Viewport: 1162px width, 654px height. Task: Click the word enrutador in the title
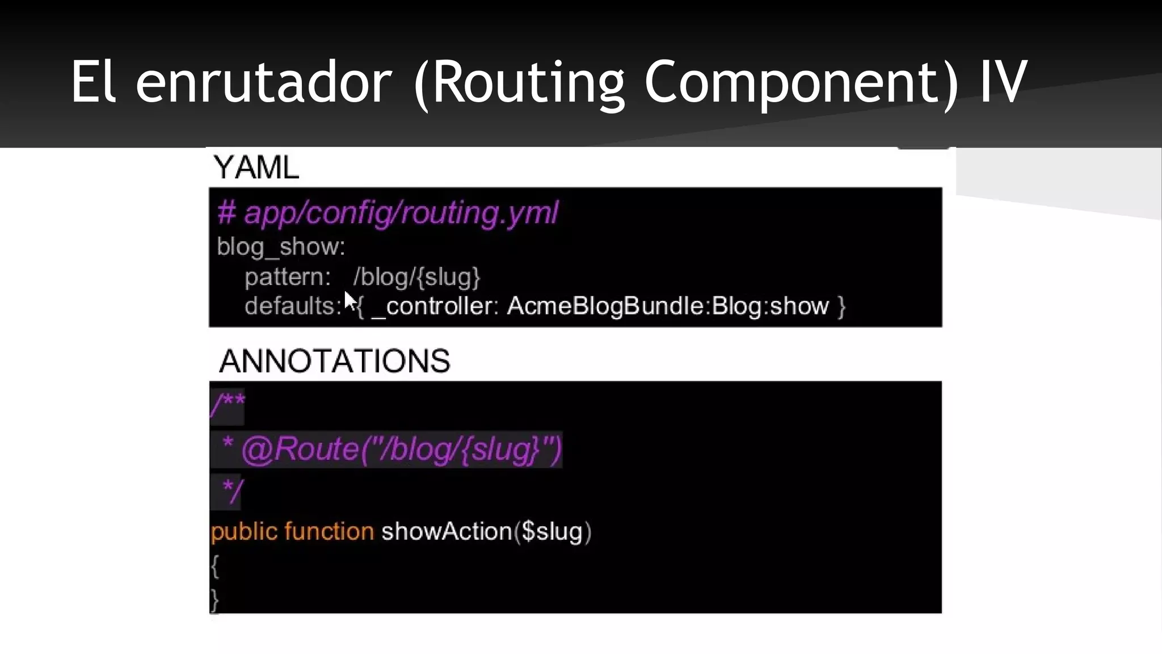(263, 83)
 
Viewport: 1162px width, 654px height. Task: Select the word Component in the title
(800, 83)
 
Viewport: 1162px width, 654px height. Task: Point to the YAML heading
(256, 167)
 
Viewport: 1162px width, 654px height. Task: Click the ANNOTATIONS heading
(334, 361)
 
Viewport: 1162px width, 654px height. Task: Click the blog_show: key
(281, 246)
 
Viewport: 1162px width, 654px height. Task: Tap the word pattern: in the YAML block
(287, 277)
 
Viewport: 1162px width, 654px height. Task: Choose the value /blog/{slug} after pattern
(416, 277)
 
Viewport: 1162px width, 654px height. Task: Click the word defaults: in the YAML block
(293, 306)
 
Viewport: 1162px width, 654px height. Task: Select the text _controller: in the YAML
(435, 306)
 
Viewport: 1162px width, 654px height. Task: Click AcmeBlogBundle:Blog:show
(668, 306)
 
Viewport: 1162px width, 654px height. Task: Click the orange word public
(244, 532)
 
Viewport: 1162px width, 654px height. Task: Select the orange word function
(329, 532)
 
